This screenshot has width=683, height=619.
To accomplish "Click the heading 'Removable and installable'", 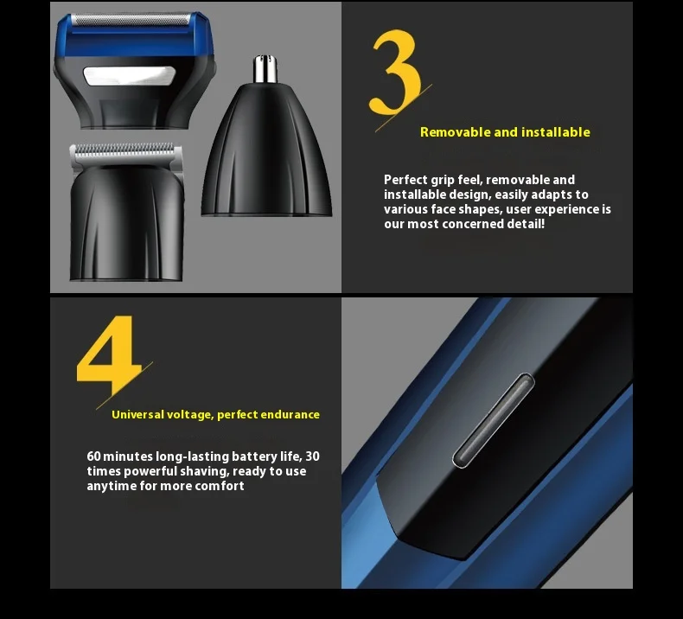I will click(x=505, y=132).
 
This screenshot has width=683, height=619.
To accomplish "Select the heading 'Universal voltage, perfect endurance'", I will click(x=215, y=415).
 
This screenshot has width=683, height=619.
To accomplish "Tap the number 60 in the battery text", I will click(x=94, y=456).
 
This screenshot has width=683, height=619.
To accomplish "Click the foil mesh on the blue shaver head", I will click(x=130, y=19).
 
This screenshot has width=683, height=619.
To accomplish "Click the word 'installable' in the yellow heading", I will click(x=555, y=132).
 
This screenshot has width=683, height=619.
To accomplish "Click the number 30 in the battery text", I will click(x=312, y=456).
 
